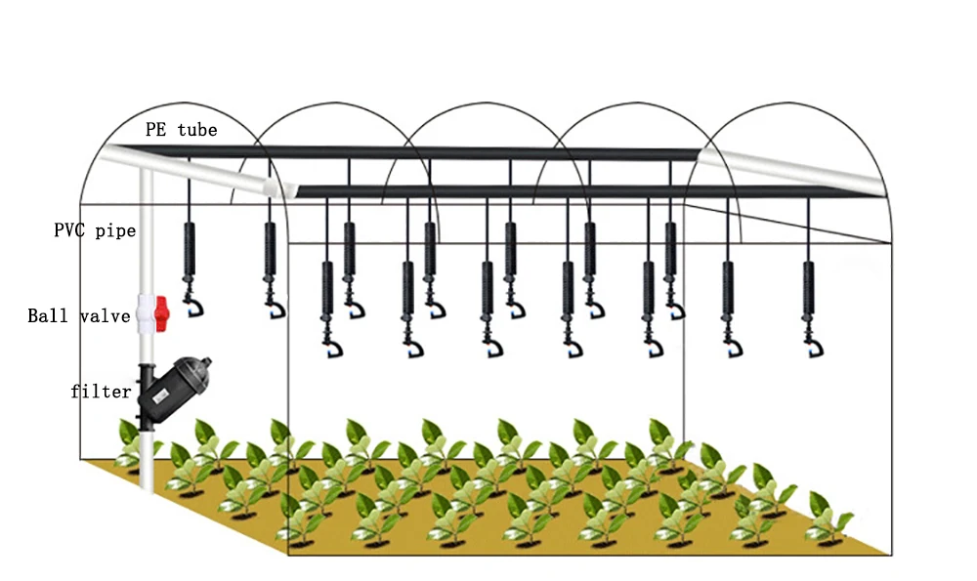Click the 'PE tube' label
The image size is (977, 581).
click(182, 130)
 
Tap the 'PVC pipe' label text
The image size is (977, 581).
click(95, 230)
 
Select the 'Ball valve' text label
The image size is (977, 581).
click(79, 315)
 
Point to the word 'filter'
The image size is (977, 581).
click(101, 391)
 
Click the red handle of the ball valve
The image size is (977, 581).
click(161, 313)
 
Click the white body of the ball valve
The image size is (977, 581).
click(146, 313)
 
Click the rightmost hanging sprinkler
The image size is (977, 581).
click(809, 309)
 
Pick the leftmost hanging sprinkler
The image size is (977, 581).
click(191, 269)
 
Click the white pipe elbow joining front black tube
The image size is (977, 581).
click(278, 187)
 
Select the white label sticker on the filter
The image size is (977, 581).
click(159, 394)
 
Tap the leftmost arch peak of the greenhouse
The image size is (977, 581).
click(183, 104)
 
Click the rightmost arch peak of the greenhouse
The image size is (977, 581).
click(788, 104)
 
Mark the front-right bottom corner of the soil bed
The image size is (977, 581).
click(891, 554)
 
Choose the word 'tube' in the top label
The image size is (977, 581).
click(197, 130)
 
